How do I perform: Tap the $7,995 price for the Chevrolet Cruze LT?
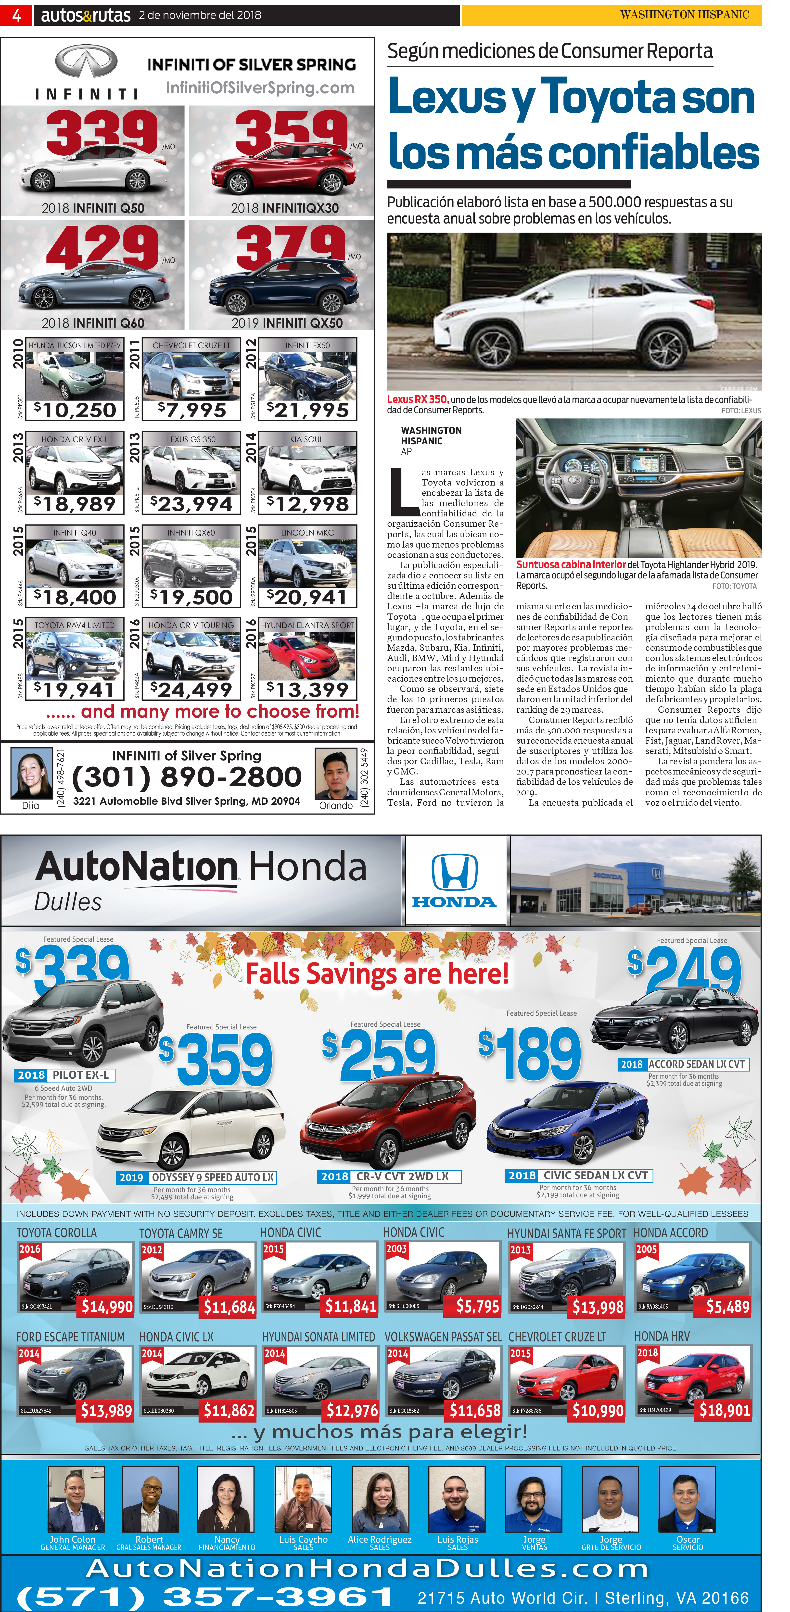(192, 410)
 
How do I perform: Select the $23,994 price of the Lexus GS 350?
(191, 504)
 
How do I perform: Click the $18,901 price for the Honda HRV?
(724, 1410)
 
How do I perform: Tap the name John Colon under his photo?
(73, 1539)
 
